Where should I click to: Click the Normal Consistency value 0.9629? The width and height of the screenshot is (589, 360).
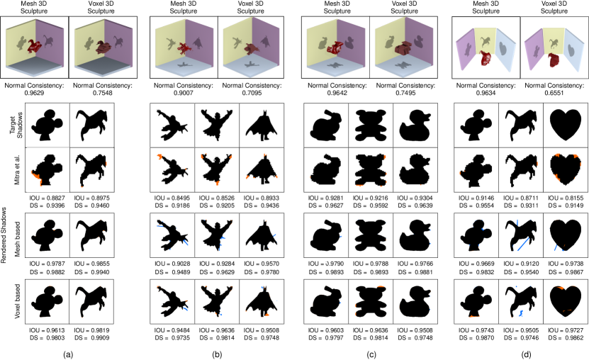[34, 93]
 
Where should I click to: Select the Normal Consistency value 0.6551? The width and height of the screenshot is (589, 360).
[554, 93]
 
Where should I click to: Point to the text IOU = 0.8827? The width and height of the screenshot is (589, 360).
[47, 198]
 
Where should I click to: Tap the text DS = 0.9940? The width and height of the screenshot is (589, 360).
[91, 272]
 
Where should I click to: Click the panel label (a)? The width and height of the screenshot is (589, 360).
[67, 354]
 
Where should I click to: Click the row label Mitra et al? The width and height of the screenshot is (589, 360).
[17, 169]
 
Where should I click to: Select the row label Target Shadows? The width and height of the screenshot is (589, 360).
[16, 125]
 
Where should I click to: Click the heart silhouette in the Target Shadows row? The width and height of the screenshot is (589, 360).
[566, 125]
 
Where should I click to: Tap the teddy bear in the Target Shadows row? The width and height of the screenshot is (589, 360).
[371, 125]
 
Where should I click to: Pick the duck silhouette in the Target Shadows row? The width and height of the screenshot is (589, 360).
[415, 125]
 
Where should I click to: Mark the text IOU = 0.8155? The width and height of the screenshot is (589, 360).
[566, 198]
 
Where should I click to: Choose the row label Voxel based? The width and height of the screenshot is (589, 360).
[17, 301]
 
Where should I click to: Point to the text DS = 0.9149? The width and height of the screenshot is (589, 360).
[566, 206]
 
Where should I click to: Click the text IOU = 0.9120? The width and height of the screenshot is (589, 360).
[521, 264]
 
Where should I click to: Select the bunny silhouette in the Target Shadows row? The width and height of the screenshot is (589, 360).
[325, 125]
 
